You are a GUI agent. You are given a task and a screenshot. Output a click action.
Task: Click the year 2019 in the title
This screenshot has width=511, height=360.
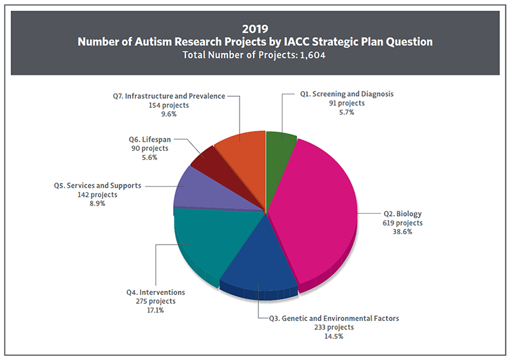[x=255, y=28]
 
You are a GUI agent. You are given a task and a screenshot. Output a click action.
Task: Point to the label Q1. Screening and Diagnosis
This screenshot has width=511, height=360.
[x=347, y=94]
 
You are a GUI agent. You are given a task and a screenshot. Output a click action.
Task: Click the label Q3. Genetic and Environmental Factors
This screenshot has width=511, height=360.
[x=337, y=318]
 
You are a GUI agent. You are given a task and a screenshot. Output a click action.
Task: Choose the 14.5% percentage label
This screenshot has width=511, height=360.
[x=337, y=336]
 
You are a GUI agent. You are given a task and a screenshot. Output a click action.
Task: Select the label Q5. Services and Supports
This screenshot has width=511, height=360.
[x=98, y=186]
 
